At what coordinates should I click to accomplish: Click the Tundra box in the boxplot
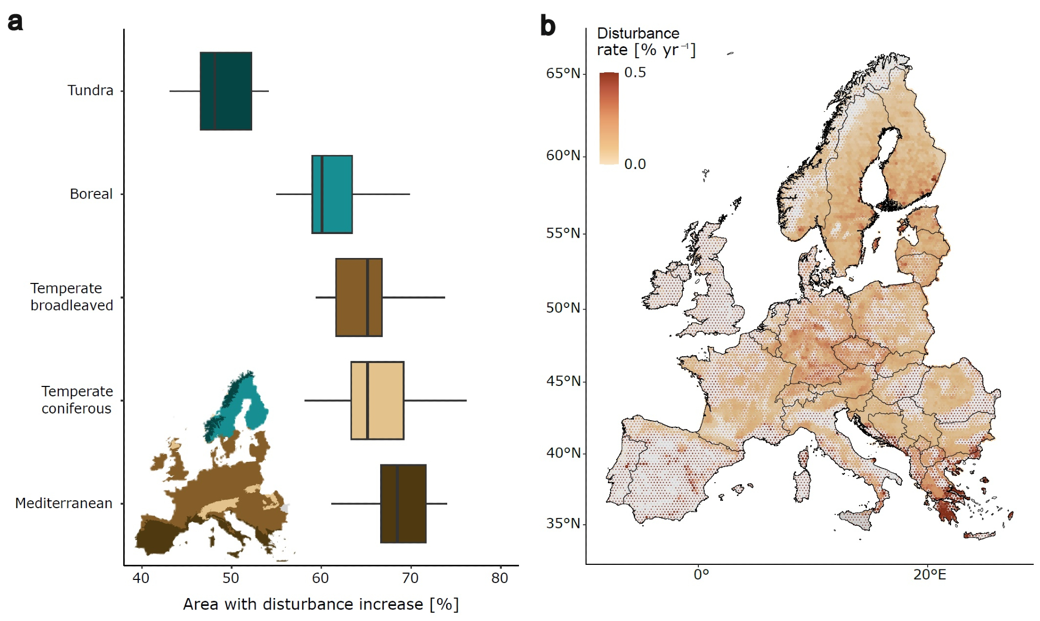[x=226, y=91]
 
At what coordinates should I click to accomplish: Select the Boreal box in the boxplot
[x=332, y=194]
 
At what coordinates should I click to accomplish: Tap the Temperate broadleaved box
[x=359, y=297]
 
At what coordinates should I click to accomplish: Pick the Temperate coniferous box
[x=377, y=400]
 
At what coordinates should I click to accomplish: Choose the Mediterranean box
[x=403, y=503]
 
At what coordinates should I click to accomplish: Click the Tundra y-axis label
[x=90, y=90]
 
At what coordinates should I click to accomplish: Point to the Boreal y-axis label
[x=91, y=194]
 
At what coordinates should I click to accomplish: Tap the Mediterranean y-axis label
[x=63, y=503]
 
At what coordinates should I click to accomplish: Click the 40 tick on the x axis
[x=141, y=578]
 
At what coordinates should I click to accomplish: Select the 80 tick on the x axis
[x=500, y=578]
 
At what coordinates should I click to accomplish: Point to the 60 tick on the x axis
[x=320, y=578]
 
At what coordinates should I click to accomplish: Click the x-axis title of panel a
[x=321, y=604]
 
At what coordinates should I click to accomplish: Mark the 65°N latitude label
[x=563, y=73]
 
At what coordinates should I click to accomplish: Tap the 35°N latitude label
[x=563, y=523]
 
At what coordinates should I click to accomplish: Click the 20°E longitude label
[x=929, y=575]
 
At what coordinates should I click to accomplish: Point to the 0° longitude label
[x=701, y=575]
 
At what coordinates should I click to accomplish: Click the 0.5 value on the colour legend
[x=635, y=73]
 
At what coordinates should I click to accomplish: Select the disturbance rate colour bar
[x=609, y=118]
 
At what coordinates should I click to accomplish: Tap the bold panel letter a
[x=15, y=22]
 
